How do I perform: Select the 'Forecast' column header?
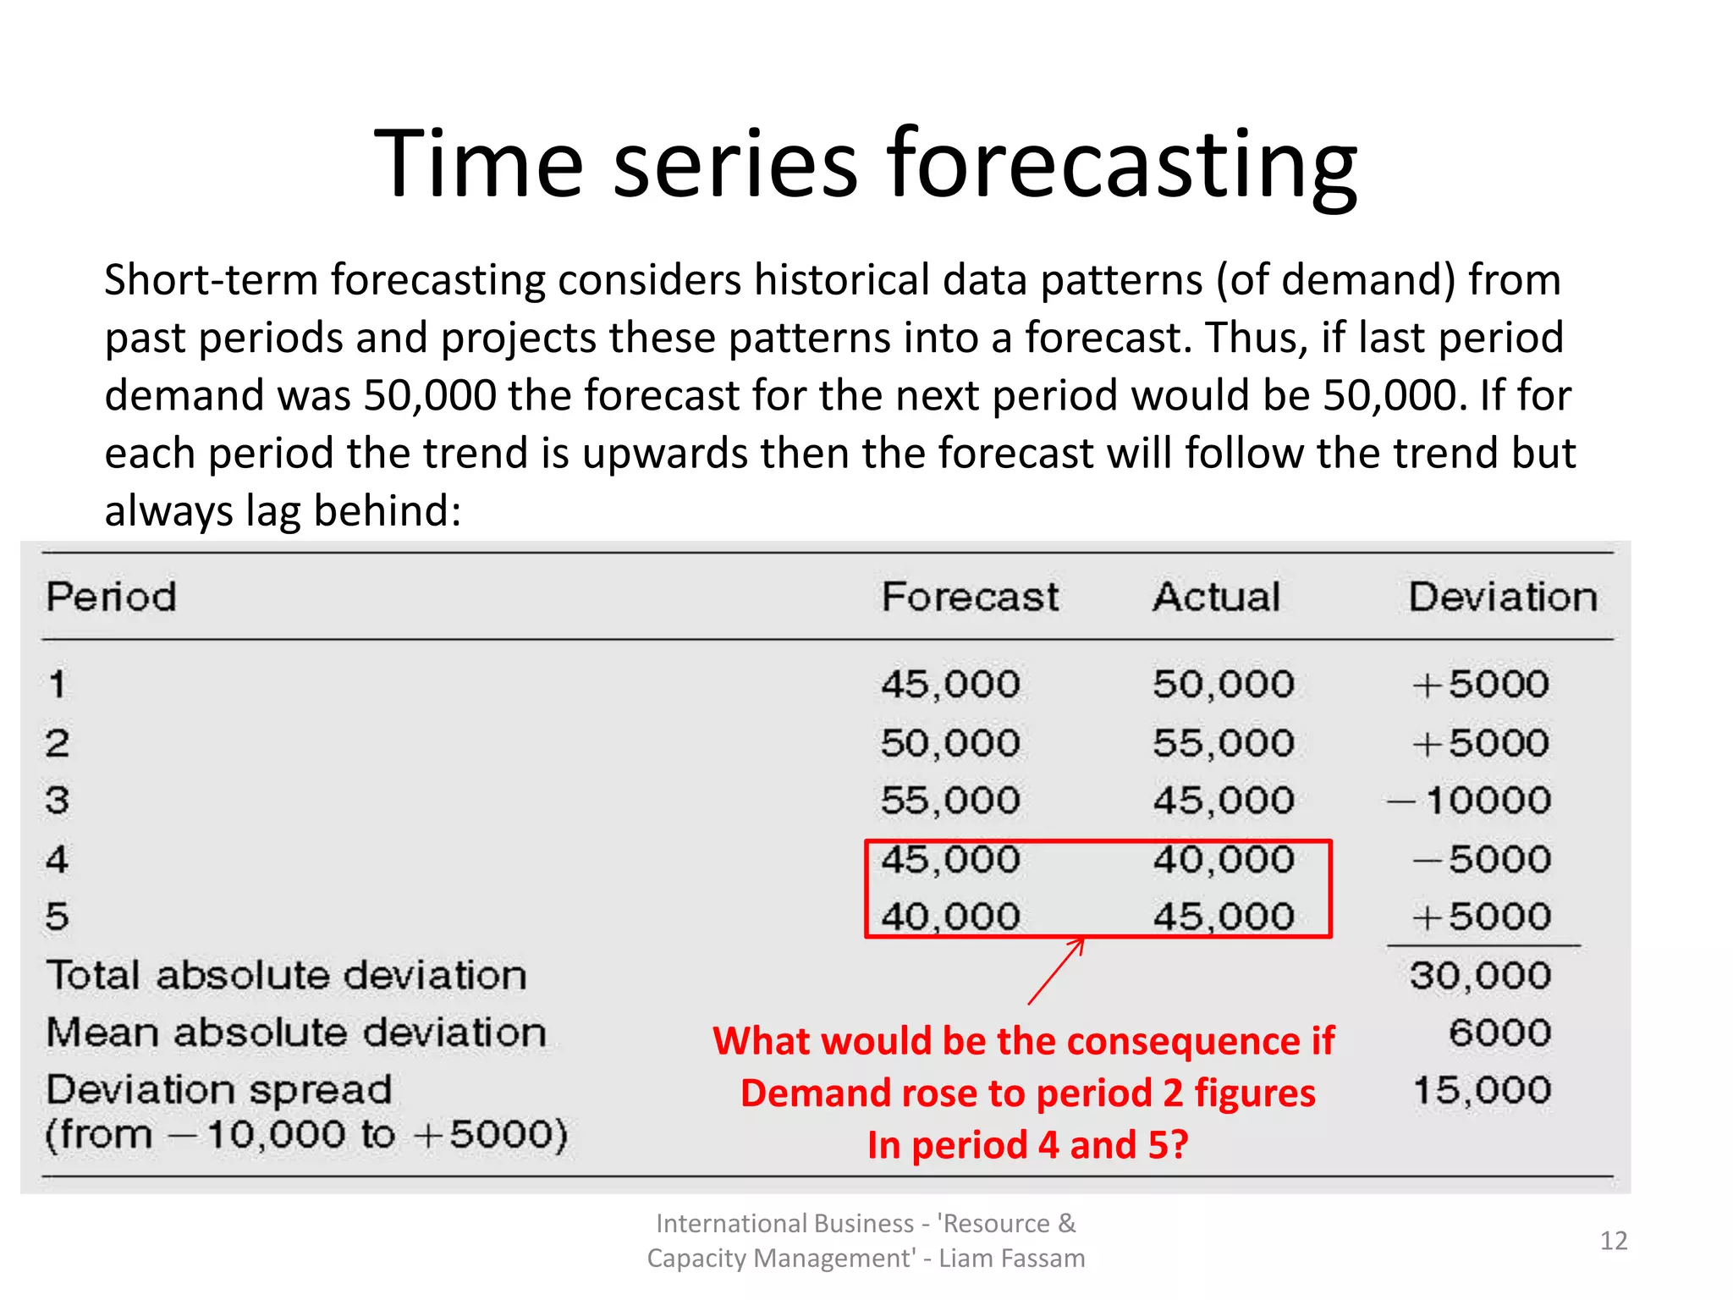click(970, 597)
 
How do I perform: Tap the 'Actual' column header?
click(1216, 597)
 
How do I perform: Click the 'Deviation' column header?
click(1503, 597)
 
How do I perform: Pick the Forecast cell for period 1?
click(950, 684)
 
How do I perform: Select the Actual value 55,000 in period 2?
click(1224, 743)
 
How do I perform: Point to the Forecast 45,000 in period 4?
click(950, 860)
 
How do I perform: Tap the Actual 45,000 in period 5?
click(1224, 917)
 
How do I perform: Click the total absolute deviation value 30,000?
click(1481, 976)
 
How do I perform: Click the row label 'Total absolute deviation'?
click(286, 976)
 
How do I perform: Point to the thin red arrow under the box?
click(1056, 971)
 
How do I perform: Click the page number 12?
click(1613, 1241)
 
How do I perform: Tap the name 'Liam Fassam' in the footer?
click(1011, 1259)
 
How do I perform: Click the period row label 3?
click(57, 801)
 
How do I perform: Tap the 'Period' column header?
click(111, 597)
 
